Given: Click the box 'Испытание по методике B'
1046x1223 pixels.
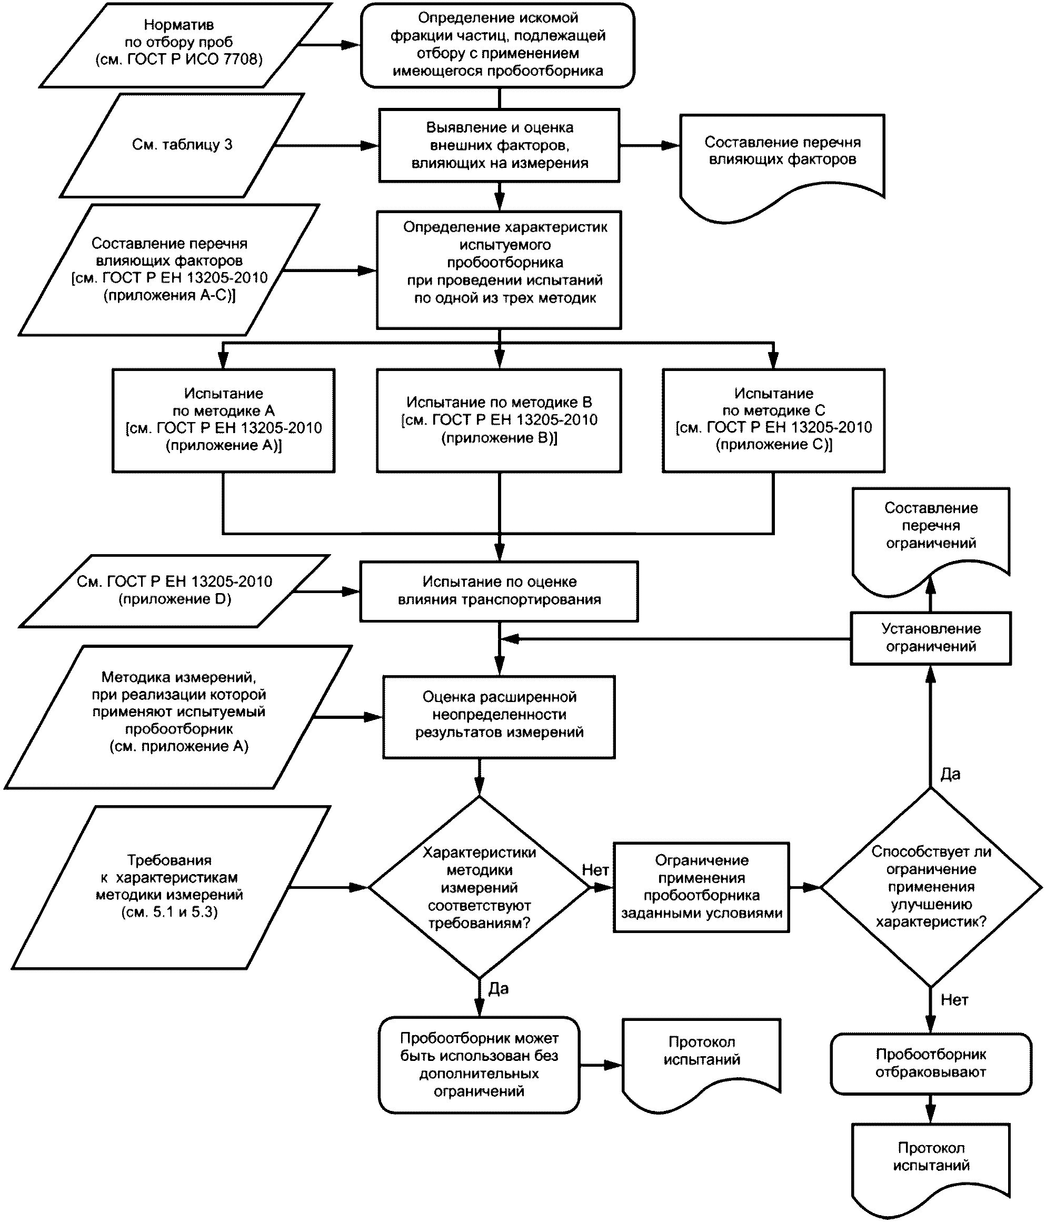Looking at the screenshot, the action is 499,420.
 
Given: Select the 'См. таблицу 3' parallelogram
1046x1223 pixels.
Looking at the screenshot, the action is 182,145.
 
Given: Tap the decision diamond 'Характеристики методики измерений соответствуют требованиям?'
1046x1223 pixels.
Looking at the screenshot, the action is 480,887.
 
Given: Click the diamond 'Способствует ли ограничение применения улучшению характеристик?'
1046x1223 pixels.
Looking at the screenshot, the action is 930,887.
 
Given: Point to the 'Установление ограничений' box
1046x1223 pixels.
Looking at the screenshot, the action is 930,638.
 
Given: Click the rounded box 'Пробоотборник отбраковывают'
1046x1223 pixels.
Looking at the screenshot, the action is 931,1063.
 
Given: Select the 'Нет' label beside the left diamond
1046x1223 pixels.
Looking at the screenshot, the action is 595,869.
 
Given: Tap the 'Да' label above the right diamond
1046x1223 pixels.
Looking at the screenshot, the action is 950,774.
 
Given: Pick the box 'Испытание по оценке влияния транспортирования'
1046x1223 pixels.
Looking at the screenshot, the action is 500,591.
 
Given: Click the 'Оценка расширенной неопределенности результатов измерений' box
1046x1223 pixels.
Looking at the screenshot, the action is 500,717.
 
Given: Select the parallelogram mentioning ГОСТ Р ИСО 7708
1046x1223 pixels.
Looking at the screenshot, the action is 185,45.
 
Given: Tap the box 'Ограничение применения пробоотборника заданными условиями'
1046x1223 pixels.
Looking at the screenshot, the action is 701,887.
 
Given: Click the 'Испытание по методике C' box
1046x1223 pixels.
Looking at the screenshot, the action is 773,420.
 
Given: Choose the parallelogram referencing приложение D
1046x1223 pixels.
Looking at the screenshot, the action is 174,591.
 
